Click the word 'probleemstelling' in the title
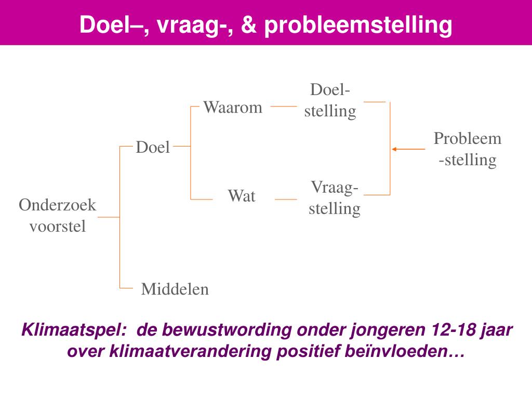click(358, 25)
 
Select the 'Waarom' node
click(233, 108)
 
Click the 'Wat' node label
click(242, 196)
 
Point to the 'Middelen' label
click(175, 289)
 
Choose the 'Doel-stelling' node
click(330, 100)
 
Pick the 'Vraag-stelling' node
click(335, 198)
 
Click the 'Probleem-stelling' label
click(468, 149)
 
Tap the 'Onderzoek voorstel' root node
click(58, 216)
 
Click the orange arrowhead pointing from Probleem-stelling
click(394, 149)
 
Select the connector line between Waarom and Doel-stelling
click(284, 107)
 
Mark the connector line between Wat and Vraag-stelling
click(286, 199)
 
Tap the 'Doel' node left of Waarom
click(153, 148)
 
